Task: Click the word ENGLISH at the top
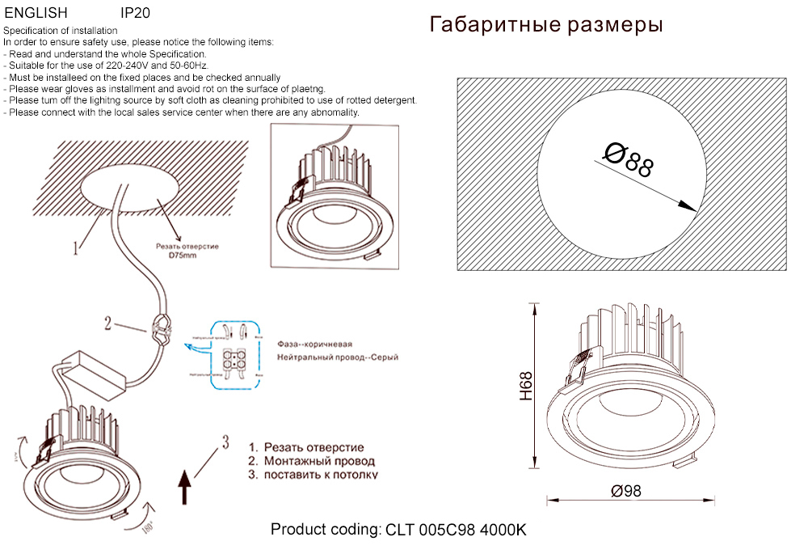36,14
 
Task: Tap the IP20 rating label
135,14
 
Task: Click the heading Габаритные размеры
547,25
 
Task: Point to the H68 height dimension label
526,387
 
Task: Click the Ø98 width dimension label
626,491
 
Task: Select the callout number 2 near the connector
107,323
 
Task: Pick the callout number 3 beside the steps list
225,442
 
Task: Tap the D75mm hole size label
183,255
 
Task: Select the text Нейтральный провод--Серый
337,357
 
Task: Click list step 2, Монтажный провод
312,461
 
